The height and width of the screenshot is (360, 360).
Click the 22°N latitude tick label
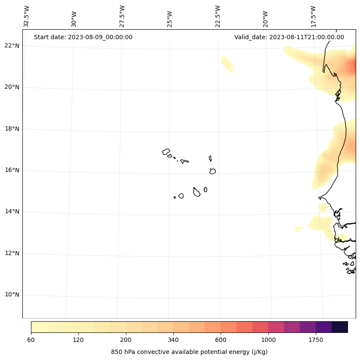pyautogui.click(x=12, y=46)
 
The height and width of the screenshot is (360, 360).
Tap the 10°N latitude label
pyautogui.click(x=12, y=295)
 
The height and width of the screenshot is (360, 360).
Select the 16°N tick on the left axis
pyautogui.click(x=12, y=170)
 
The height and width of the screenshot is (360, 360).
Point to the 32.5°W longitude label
pyautogui.click(x=27, y=16)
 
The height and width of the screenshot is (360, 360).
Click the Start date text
pyautogui.click(x=83, y=37)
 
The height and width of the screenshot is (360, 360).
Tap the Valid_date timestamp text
pyautogui.click(x=289, y=37)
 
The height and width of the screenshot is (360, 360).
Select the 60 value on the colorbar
pyautogui.click(x=31, y=340)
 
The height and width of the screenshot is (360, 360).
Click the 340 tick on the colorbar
pyautogui.click(x=173, y=340)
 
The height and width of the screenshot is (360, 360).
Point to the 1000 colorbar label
pyautogui.click(x=268, y=340)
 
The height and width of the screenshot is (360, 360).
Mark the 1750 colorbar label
pyautogui.click(x=316, y=340)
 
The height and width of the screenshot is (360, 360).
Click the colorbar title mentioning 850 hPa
pyautogui.click(x=189, y=352)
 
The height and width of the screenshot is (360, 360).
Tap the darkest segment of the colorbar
pyautogui.click(x=340, y=327)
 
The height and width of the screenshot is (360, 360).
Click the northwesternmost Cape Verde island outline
pyautogui.click(x=166, y=152)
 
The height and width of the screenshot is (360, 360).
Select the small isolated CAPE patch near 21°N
pyautogui.click(x=227, y=64)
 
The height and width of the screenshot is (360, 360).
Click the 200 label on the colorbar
pyautogui.click(x=126, y=340)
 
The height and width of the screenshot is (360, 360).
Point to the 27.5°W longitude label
pyautogui.click(x=122, y=16)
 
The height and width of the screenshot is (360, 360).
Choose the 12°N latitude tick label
pyautogui.click(x=12, y=253)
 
